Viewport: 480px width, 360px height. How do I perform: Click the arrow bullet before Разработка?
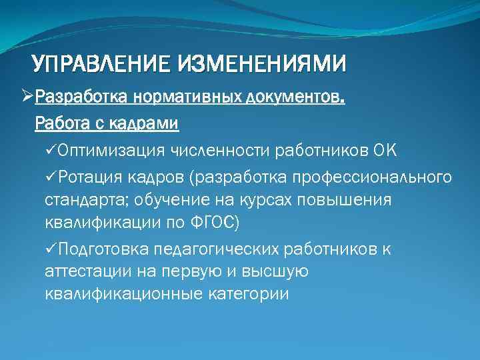(27, 99)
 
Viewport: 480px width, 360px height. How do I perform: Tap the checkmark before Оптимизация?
(51, 150)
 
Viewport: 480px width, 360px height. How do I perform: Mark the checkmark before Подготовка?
(51, 249)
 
